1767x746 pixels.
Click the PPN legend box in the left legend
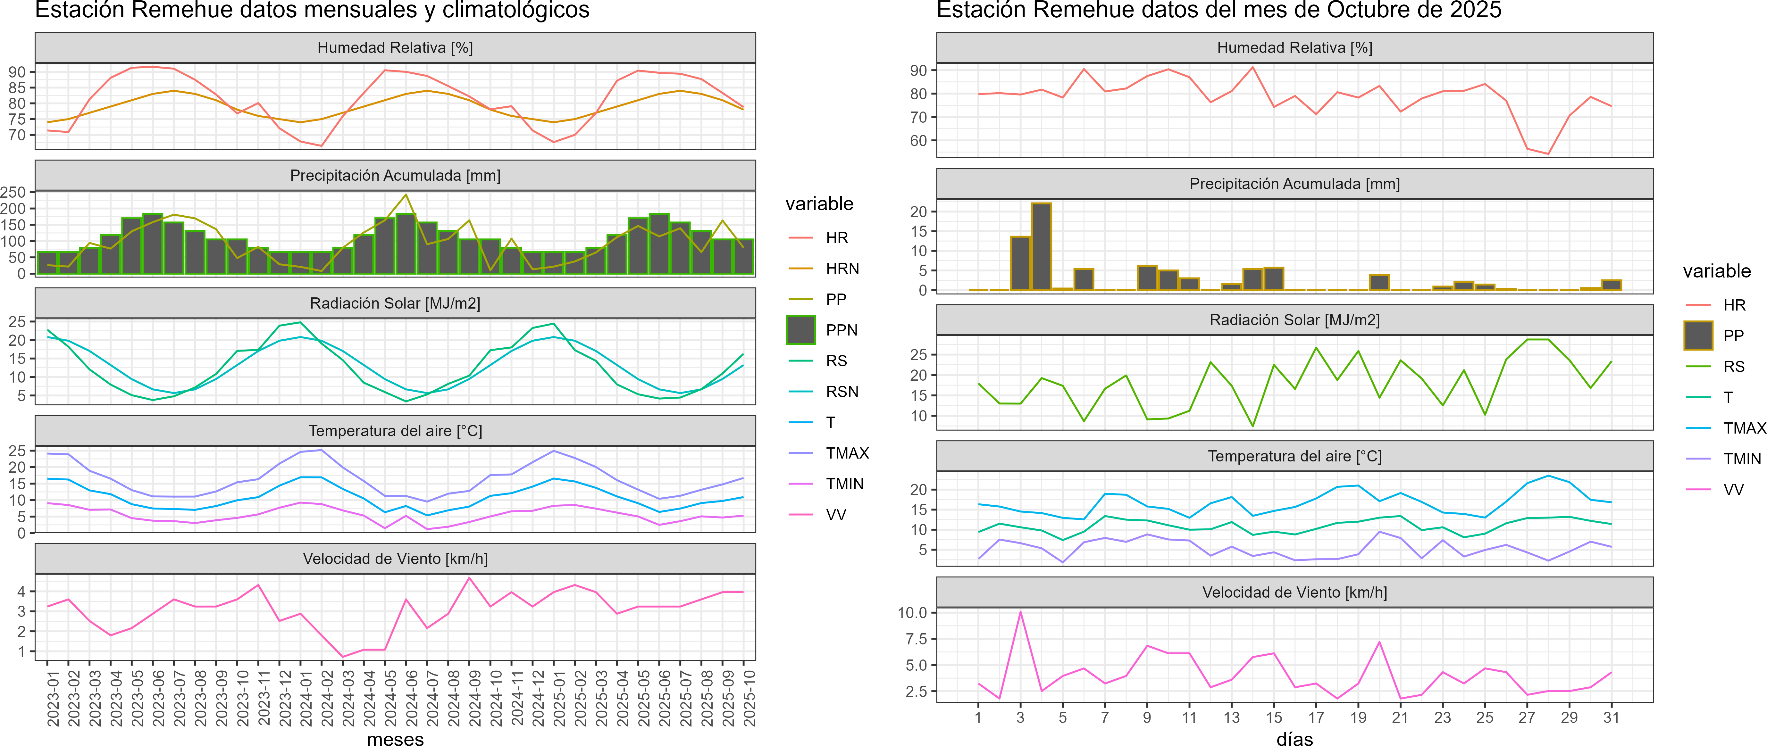(x=800, y=330)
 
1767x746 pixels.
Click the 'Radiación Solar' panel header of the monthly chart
(x=395, y=303)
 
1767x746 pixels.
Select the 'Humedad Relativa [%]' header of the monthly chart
(x=395, y=47)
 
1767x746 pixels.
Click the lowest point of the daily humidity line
(x=1548, y=153)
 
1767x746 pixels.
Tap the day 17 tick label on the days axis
(x=1316, y=717)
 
